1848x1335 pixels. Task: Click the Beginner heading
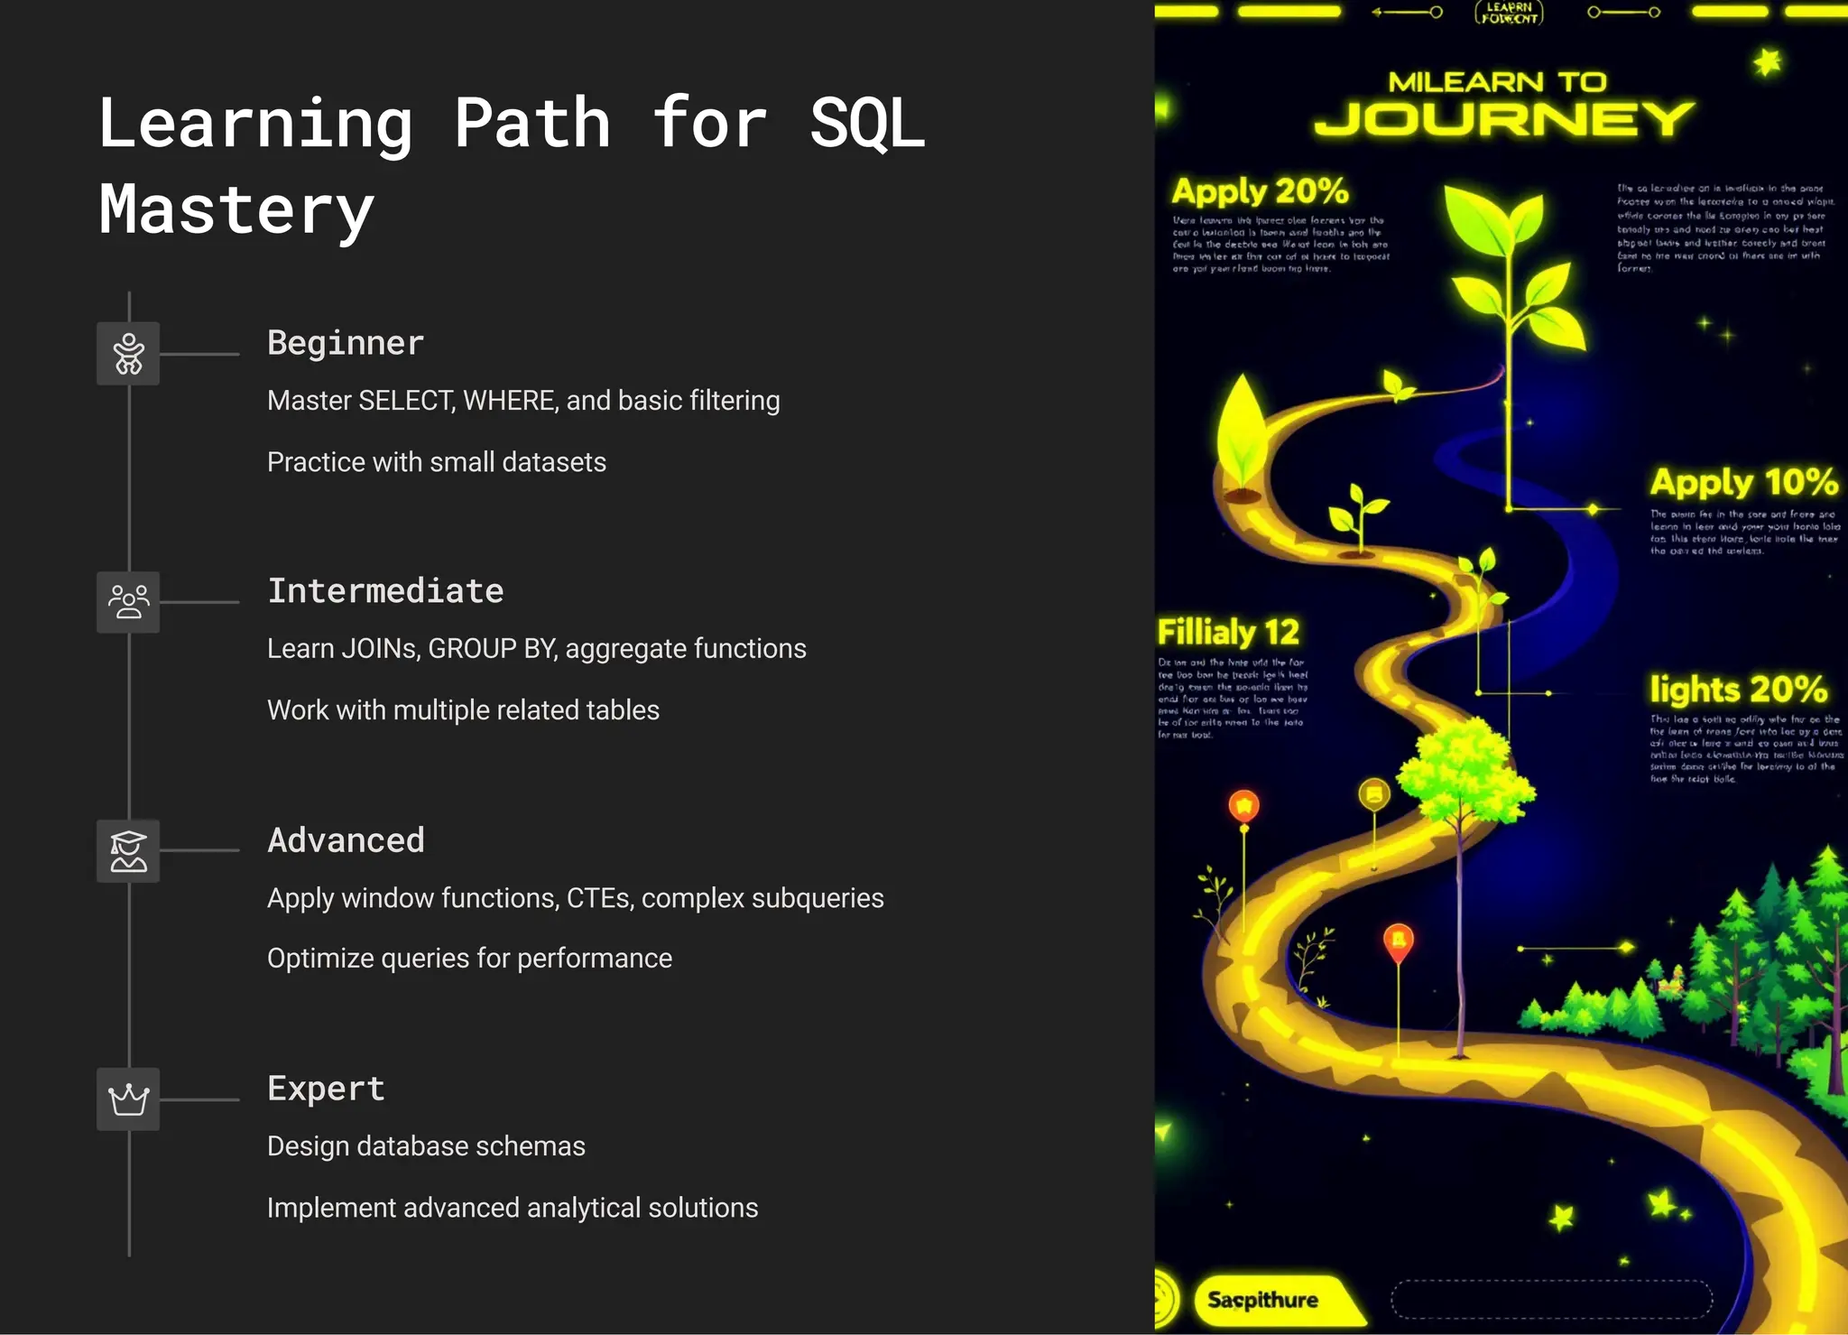coord(346,344)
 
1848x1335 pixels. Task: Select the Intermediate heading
coord(385,591)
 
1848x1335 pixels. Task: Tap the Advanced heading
coord(346,840)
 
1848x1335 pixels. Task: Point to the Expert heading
coord(326,1089)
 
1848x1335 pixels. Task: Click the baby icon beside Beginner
coord(128,354)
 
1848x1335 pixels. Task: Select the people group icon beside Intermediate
coord(128,602)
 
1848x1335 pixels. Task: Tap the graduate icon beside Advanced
coord(128,851)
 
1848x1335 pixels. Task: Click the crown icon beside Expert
coord(128,1099)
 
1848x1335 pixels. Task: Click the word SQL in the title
coord(867,124)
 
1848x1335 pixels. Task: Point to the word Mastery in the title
coord(236,209)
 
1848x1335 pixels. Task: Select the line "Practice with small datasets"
coord(437,462)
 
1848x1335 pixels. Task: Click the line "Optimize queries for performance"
coord(469,958)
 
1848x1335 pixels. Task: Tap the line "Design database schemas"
coord(426,1146)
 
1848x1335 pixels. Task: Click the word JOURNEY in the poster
coord(1503,119)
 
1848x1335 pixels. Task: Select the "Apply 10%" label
coord(1743,483)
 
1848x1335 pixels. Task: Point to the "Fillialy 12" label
coord(1228,632)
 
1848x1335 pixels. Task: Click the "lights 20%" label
coord(1739,690)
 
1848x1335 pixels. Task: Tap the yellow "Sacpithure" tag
coord(1263,1300)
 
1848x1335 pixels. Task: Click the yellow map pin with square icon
coord(1374,794)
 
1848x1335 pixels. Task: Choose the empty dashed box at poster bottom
coord(1551,1300)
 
